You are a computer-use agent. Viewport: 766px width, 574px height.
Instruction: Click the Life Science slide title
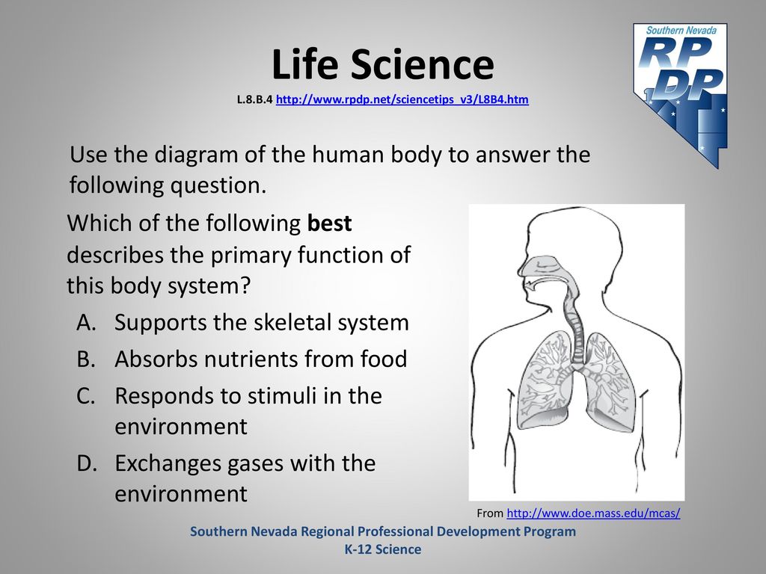[x=382, y=64]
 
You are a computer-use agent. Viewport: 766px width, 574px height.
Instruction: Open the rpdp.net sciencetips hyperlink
[x=402, y=99]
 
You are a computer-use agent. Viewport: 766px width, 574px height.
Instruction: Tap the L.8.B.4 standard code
[x=254, y=99]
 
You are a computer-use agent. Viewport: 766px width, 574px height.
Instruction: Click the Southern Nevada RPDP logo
[x=681, y=95]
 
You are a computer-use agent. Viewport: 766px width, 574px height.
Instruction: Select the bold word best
[x=329, y=223]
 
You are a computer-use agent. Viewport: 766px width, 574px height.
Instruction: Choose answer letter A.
[x=86, y=323]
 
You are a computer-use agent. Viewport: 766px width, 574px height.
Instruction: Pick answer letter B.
[x=85, y=359]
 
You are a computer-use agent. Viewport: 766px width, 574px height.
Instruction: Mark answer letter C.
[x=85, y=396]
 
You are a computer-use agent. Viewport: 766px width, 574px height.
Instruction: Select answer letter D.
[x=87, y=463]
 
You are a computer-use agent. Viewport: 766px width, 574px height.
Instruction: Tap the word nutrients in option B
[x=251, y=359]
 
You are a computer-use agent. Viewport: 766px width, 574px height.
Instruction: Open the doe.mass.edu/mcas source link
[x=593, y=513]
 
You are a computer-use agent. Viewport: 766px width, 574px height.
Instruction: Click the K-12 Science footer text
[x=383, y=549]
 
